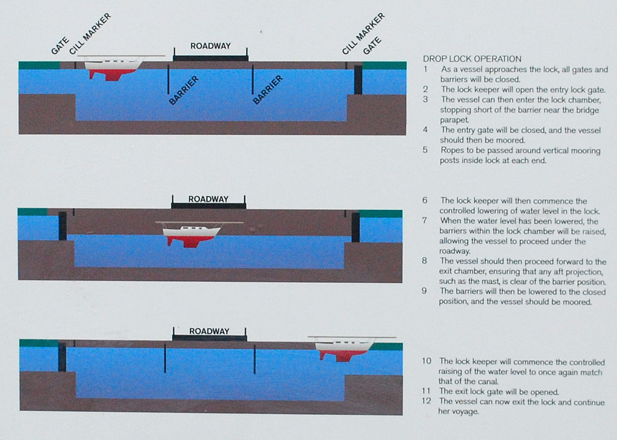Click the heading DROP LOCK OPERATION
pos(472,59)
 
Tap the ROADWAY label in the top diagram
pos(210,46)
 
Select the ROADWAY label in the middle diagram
pos(208,199)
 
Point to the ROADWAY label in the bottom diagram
pos(209,331)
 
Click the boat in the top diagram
pos(114,67)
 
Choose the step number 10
pos(427,361)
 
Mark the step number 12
pos(427,401)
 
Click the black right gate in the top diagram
pos(358,80)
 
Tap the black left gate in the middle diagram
pos(62,226)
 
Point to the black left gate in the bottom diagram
pos(61,356)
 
